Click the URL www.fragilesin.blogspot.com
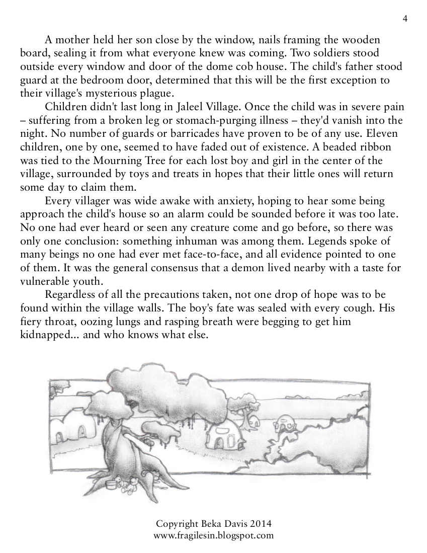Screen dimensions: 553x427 pos(213,535)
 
